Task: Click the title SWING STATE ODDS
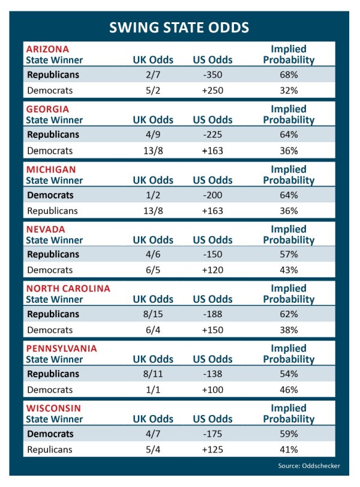coord(179,28)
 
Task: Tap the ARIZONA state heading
coord(47,49)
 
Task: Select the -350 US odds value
coord(212,75)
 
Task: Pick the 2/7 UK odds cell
coord(153,75)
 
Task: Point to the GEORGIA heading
coord(47,109)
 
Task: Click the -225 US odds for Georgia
coord(212,135)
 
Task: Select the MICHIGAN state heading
coord(50,169)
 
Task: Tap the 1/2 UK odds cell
coord(153,195)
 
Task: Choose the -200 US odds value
coord(212,195)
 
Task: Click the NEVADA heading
coord(46,229)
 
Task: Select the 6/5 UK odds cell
coord(153,270)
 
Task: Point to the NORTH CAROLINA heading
coord(68,288)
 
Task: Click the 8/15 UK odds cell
coord(153,314)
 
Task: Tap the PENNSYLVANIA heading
coord(61,348)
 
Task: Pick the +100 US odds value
coord(212,389)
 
